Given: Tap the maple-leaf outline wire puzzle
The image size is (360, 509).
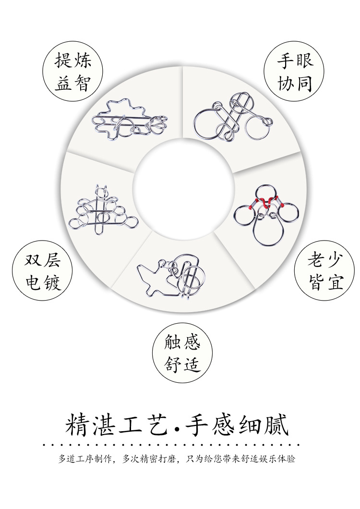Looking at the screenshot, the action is pyautogui.click(x=130, y=120).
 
